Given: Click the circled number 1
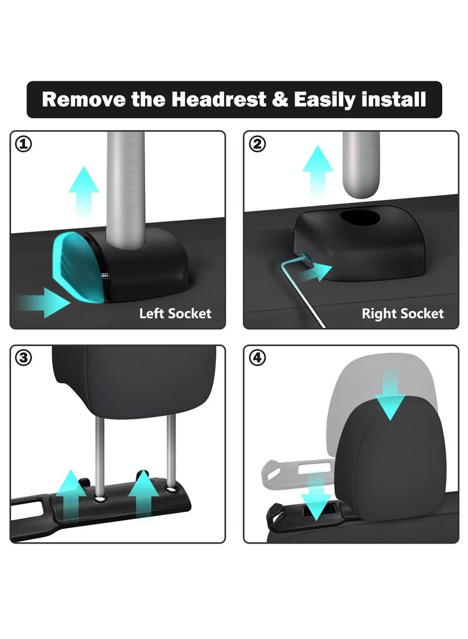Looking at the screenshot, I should pyautogui.click(x=24, y=145).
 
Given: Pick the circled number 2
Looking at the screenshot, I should pyautogui.click(x=257, y=145).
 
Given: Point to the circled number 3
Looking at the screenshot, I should pyautogui.click(x=24, y=358).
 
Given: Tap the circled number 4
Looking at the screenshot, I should pyautogui.click(x=257, y=358).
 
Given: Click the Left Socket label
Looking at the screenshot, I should pyautogui.click(x=175, y=313).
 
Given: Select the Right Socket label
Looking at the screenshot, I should pyautogui.click(x=402, y=313).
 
